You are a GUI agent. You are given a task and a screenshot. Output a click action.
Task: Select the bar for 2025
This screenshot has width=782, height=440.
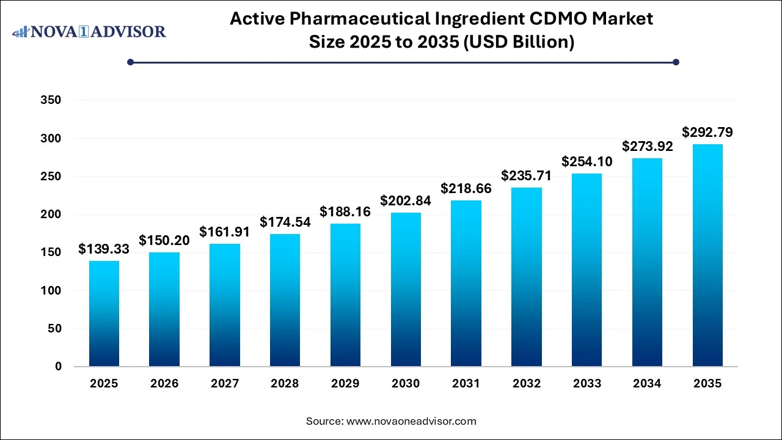(104, 313)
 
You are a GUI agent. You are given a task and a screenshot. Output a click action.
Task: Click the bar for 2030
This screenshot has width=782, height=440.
(406, 290)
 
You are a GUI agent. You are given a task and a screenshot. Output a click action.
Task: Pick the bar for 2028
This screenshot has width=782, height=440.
(285, 300)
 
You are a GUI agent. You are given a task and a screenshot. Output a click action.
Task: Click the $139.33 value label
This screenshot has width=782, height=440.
(104, 249)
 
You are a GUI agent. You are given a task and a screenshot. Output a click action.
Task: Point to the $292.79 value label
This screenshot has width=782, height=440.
(707, 132)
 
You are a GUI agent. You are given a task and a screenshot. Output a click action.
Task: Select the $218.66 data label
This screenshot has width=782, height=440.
(466, 189)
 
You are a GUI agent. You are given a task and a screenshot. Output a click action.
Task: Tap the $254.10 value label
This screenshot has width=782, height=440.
(587, 162)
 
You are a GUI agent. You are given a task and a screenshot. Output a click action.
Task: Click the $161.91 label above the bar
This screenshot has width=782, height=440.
(225, 232)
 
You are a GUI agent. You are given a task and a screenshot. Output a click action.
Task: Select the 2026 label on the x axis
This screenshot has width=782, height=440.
(164, 384)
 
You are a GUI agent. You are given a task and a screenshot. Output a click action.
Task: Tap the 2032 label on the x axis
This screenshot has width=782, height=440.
(527, 384)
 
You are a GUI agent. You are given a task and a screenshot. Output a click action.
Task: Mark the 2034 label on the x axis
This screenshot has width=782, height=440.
(647, 384)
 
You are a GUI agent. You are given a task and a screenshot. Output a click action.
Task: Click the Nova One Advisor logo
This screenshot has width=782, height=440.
(89, 32)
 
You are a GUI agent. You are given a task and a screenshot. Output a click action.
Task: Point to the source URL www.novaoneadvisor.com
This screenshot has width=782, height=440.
(411, 421)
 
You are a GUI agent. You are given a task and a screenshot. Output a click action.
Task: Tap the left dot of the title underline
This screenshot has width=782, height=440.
(130, 62)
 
